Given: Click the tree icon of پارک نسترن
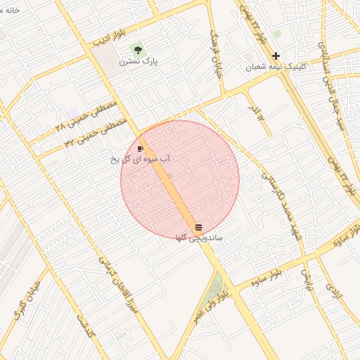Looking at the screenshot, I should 138,50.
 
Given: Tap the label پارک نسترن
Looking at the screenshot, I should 139,61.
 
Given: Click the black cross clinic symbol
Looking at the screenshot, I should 276,56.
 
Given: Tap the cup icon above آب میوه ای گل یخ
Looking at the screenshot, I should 141,149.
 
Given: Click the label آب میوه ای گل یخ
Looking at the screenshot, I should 141,160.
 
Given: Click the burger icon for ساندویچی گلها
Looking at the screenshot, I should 198,227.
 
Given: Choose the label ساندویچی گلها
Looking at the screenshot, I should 199,238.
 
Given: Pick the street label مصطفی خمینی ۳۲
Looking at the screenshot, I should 95,134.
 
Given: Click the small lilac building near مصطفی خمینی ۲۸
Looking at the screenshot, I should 72,114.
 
